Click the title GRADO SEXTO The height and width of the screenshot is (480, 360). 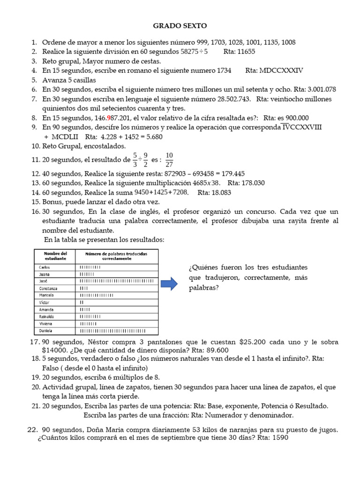click(180, 25)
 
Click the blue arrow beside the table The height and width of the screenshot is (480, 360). click(169, 284)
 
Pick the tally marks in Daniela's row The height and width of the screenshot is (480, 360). click(117, 331)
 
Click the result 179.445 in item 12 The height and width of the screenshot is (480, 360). click(229, 173)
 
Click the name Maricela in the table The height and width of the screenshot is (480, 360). click(46, 295)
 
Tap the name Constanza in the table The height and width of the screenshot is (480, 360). click(48, 288)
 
